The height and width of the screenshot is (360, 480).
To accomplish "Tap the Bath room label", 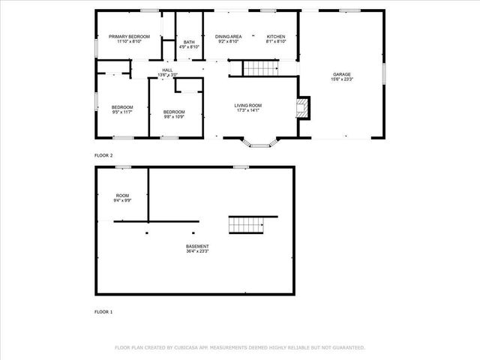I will coord(189,42).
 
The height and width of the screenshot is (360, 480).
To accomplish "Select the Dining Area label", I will coord(228,36).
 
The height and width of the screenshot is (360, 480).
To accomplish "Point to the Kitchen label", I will coord(276,36).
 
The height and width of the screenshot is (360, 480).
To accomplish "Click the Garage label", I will coord(342,74).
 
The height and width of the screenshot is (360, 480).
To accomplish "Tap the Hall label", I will coord(167,70).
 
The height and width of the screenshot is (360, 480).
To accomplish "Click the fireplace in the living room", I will coord(302,107).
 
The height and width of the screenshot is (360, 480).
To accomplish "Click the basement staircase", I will coord(247,224).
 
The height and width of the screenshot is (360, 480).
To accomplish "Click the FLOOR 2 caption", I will coord(103,155).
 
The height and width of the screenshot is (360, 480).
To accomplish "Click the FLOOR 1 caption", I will coord(103,311).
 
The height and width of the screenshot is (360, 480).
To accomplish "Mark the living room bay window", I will coord(259,142).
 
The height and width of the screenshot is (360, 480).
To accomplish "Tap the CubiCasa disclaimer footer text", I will coord(239,347).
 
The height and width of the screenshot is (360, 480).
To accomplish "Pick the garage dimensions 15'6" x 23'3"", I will coord(342,79).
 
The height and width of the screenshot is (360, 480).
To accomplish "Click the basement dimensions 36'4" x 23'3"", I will coord(197,251).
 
